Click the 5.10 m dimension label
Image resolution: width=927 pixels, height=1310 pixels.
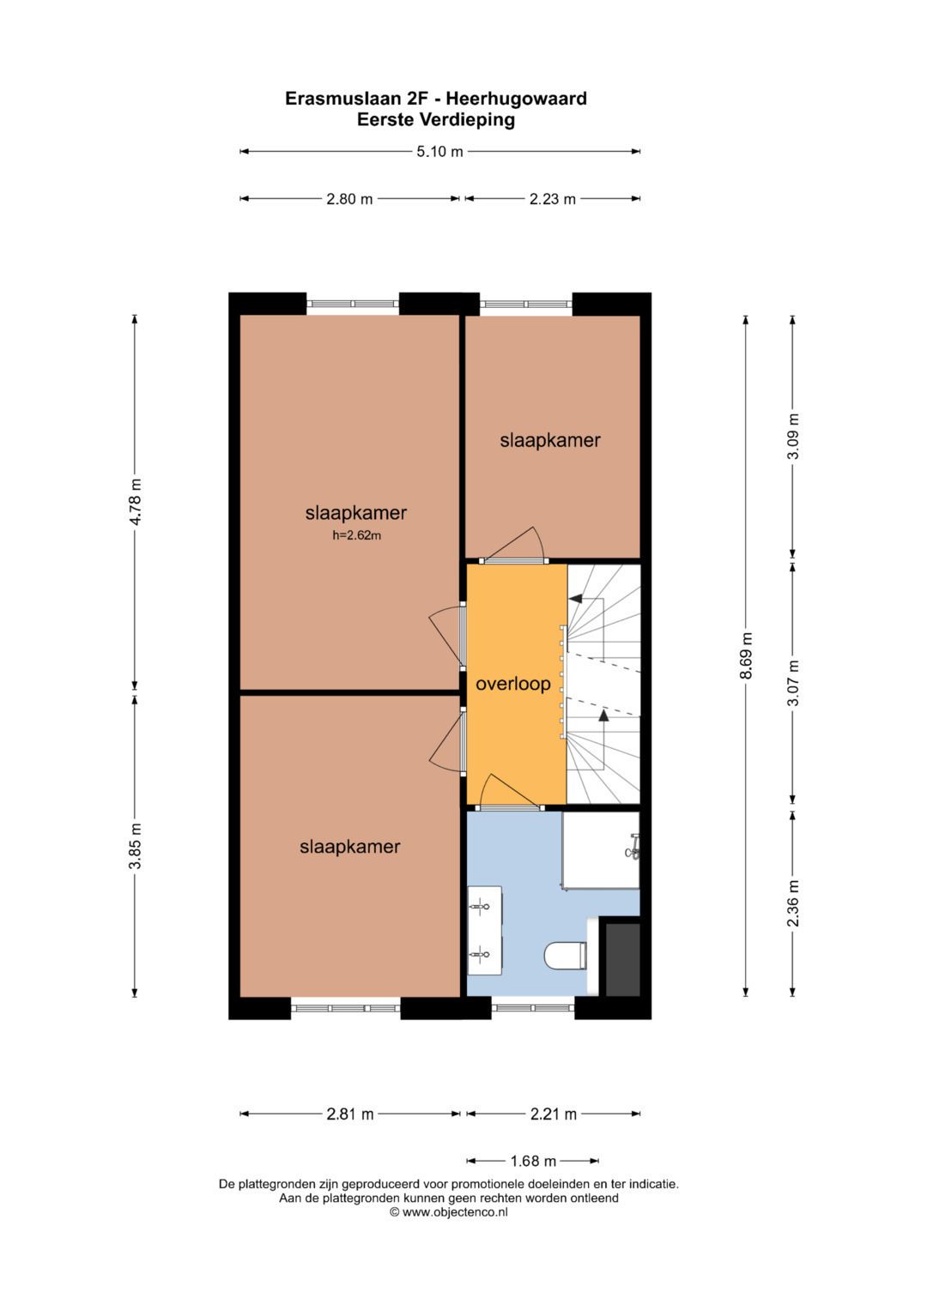[439, 152]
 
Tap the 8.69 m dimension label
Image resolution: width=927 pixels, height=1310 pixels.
[746, 655]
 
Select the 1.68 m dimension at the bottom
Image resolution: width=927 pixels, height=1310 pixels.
[533, 1161]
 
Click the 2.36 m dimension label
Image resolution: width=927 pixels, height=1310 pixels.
[793, 903]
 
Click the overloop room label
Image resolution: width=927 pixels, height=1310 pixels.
[513, 684]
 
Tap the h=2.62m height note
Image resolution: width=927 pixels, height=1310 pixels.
[356, 535]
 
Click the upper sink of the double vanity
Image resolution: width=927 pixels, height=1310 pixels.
[482, 906]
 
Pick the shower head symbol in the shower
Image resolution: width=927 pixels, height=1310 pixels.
[633, 847]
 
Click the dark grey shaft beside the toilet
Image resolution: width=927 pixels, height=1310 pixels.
[623, 959]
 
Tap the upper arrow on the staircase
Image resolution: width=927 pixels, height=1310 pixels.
[575, 598]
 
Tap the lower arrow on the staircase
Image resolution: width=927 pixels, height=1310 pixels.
[603, 714]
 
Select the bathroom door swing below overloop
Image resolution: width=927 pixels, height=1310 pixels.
[507, 792]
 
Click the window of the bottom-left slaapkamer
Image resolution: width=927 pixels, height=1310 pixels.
[346, 1008]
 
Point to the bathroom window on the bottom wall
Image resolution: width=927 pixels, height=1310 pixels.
[532, 1008]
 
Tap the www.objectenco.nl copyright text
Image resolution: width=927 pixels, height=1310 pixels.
[449, 1212]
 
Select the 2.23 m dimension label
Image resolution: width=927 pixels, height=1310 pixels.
[552, 199]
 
